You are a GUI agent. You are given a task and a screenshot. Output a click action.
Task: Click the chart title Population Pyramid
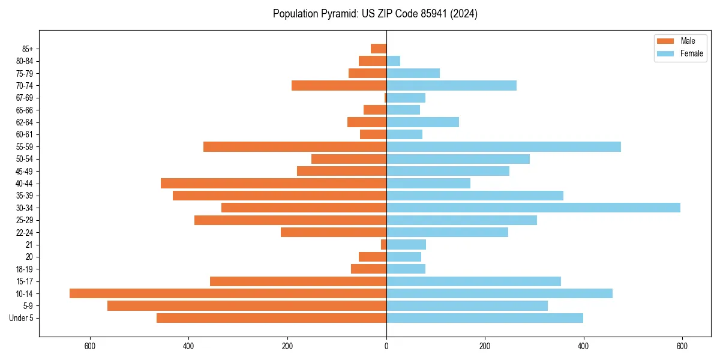375,14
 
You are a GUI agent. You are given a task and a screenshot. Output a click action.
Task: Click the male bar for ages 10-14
228,293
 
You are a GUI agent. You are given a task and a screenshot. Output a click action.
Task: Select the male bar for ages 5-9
247,305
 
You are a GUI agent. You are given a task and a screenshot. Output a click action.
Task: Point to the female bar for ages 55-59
503,146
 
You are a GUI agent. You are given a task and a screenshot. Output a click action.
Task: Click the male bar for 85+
379,49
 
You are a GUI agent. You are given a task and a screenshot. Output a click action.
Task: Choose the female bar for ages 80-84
393,61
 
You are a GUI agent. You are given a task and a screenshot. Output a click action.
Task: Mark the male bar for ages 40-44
274,183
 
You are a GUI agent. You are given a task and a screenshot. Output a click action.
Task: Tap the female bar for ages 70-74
451,85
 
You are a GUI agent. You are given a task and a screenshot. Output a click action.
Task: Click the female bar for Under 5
485,318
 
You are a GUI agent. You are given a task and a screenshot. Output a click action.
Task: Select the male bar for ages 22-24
334,232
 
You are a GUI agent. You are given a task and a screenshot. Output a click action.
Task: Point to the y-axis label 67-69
25,98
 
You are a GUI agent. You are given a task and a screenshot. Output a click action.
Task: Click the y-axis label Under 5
22,318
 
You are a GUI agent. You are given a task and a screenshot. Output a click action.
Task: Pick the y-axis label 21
29,245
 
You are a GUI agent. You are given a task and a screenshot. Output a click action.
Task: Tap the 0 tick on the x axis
386,346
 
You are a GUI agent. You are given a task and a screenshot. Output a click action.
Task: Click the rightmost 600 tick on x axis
682,346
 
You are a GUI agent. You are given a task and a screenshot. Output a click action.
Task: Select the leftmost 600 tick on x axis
90,346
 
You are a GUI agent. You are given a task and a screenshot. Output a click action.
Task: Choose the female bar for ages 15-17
473,281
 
